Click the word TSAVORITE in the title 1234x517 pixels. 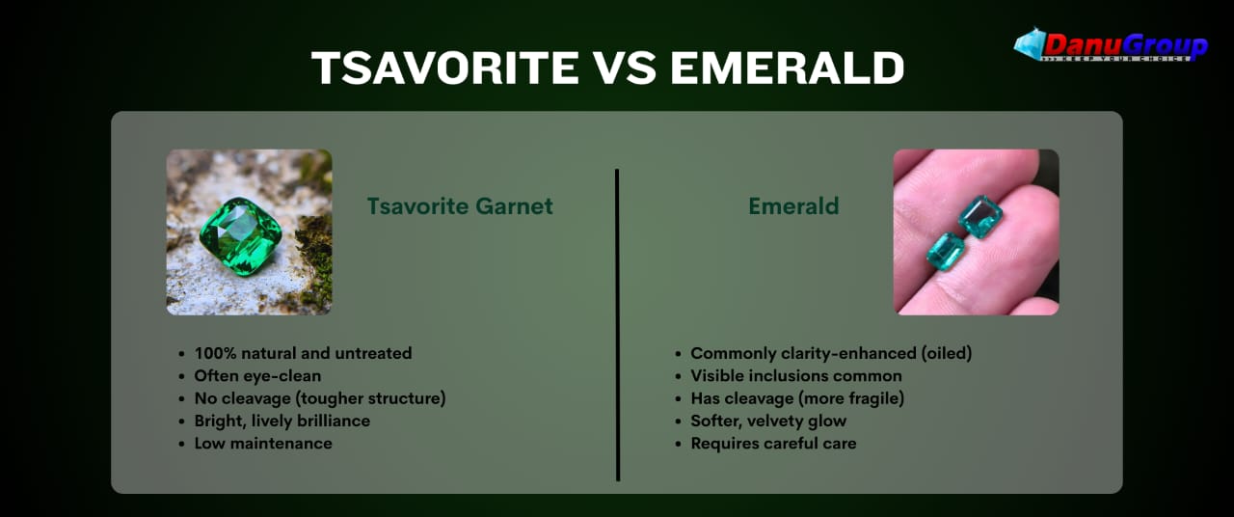coord(445,68)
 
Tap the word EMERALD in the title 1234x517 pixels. coord(788,68)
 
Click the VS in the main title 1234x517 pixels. coord(625,68)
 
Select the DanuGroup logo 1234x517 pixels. coord(1111,45)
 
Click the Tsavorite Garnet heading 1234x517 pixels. coord(460,206)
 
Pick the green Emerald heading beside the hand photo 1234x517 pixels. coord(793,206)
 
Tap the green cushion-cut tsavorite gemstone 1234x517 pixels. coord(240,236)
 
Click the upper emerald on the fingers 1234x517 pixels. coord(980,217)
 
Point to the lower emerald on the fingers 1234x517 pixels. coord(946,251)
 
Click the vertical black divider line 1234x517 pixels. coord(617,325)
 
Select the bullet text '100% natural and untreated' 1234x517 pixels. coord(303,353)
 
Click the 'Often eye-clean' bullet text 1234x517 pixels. coord(257,376)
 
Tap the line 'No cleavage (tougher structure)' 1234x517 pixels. coord(320,398)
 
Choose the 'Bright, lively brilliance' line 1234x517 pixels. coord(282,422)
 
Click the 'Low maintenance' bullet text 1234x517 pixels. coord(263,444)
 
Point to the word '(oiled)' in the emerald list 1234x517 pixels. coord(947,353)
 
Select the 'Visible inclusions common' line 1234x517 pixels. coord(796,376)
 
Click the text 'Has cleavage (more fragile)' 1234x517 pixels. coord(797,398)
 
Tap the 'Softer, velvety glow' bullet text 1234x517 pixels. coord(768,422)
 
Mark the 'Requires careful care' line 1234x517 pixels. coord(773,444)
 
